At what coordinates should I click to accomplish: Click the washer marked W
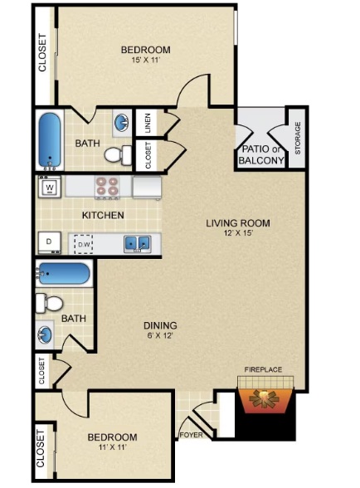49,187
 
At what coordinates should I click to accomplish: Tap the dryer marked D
49,242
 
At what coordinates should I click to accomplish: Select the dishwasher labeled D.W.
84,244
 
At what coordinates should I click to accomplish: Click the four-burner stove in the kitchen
107,188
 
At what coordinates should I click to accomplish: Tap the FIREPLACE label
263,369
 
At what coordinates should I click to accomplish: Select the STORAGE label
298,138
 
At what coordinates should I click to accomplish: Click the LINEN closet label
148,123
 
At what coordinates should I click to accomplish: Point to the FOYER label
192,435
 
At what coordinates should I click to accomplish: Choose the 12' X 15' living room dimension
238,232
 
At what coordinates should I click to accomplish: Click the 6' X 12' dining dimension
160,335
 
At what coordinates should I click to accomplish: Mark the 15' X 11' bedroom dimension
146,60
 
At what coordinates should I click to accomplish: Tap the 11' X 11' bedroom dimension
112,447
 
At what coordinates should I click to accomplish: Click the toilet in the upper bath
118,154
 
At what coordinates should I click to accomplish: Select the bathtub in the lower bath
63,274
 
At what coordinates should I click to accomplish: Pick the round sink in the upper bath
122,122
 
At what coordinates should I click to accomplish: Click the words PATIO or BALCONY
260,154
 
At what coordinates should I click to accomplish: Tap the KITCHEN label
103,215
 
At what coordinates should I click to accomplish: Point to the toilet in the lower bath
50,303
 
